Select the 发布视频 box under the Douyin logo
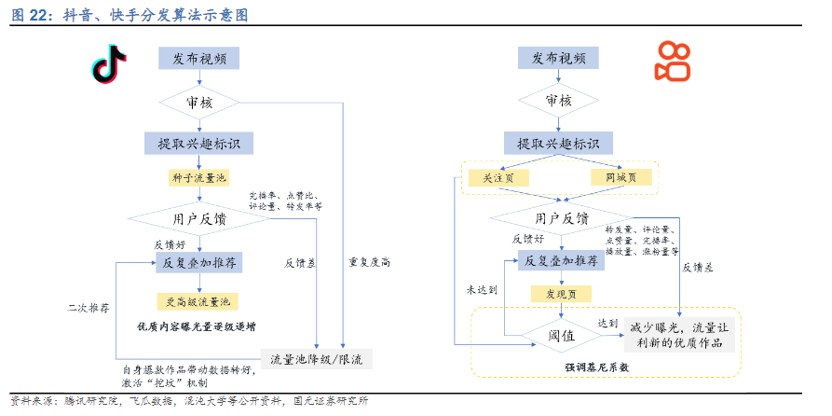coord(198,58)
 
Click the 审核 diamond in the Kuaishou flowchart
coord(559,101)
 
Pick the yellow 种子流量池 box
coord(198,177)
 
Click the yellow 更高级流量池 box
coord(198,301)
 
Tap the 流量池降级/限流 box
coord(317,358)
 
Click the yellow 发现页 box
coord(561,294)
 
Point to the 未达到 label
coord(483,290)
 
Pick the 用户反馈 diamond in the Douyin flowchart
coord(198,219)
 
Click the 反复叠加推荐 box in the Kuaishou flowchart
coord(560,262)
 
